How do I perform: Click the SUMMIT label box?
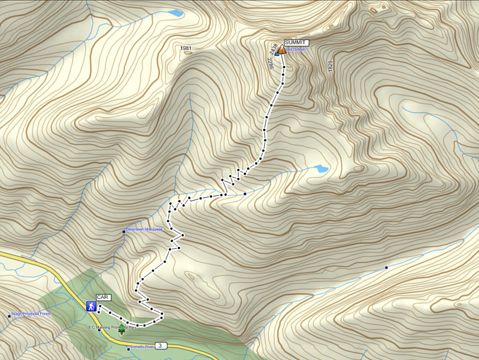[x=296, y=43]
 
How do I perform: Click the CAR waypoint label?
[x=103, y=297]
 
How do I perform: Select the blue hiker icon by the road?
[x=91, y=306]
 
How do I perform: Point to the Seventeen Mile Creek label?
[x=144, y=229]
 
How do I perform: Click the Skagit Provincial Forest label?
[x=31, y=314]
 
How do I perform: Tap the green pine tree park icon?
[x=122, y=328]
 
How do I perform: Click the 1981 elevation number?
[x=186, y=48]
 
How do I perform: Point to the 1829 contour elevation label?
[x=330, y=66]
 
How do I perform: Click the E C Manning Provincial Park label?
[x=113, y=327]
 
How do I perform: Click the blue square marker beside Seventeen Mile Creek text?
[x=124, y=232]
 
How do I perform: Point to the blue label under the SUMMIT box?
[x=296, y=50]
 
